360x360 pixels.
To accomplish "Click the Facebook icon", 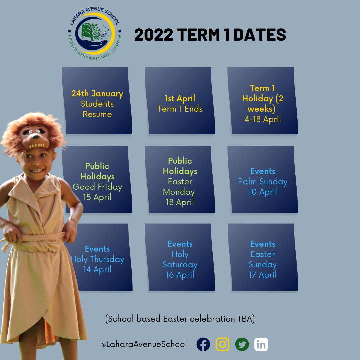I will coord(203,344).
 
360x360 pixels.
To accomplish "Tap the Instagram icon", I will coord(223,344).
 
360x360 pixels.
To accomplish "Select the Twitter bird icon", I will coord(242,344).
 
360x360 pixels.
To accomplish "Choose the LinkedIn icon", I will coord(261,344).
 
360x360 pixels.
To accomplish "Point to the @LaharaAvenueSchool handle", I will coord(144,344).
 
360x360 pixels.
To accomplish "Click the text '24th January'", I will coord(97,94).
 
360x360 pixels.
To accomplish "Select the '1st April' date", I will coord(180,99).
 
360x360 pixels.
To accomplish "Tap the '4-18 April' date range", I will coord(263,119).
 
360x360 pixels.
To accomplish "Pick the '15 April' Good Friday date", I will coord(97,197).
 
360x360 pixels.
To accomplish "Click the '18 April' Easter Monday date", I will coord(180,202).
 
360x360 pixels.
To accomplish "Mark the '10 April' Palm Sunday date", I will coord(263,192).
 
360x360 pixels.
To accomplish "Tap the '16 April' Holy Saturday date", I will coord(180,275).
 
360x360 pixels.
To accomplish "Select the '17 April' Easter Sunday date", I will coord(263,275).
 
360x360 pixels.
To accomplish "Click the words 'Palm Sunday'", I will coord(263,182).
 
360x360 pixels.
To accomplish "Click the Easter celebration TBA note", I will coord(180,319).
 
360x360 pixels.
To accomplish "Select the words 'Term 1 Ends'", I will coord(180,109).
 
